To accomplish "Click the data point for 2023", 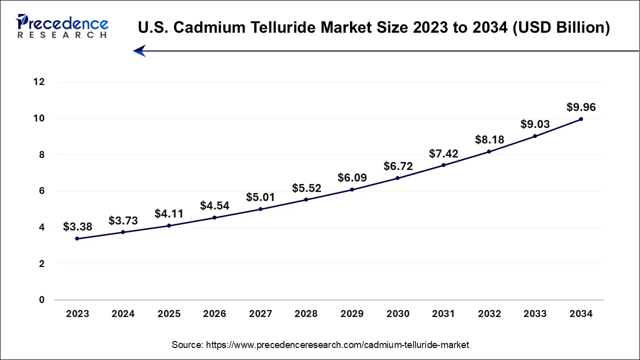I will coord(77,238).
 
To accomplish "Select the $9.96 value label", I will coord(581,107).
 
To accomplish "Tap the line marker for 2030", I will coord(397,178).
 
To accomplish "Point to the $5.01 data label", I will coord(260,197).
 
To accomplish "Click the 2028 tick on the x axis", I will coord(306,314).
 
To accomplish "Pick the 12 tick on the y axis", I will coord(39,82).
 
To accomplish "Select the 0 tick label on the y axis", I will coord(42,300).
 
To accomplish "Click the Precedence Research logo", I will coord(62,26).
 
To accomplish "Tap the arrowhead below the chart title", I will coord(139,51).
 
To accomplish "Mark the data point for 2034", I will coord(581,119).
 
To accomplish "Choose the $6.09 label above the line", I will coord(351,177).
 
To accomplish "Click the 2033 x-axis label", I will coord(535,314).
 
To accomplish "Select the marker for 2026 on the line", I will coord(214,217).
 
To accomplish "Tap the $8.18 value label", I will coord(489,139).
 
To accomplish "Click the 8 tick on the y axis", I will coord(42,155).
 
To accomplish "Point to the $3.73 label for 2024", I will coord(123,220).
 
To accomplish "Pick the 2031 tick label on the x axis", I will coord(443,314).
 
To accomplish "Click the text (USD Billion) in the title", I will coord(561,28).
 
